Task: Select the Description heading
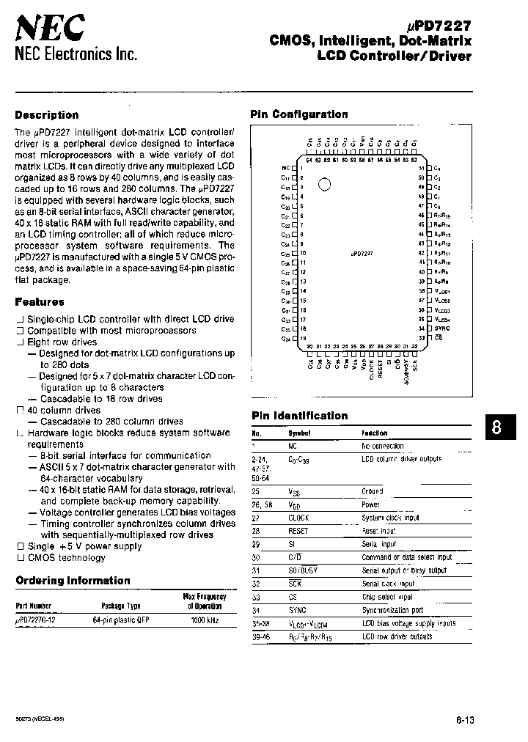click(x=47, y=115)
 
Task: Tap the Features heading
click(x=40, y=301)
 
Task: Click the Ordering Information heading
click(x=73, y=581)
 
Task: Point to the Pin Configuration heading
click(x=299, y=114)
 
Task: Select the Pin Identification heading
click(x=299, y=416)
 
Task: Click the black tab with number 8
click(x=497, y=429)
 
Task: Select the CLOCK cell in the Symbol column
click(x=298, y=518)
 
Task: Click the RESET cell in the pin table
click(x=298, y=531)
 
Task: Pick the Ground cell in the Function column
click(x=372, y=491)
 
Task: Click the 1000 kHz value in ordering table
click(x=204, y=620)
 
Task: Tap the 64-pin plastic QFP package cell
click(x=121, y=620)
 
